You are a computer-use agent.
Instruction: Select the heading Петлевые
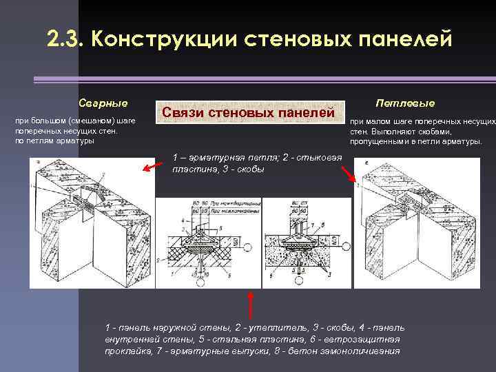pos(405,103)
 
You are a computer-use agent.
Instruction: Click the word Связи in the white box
pos(187,113)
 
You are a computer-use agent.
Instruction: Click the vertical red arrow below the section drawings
pos(251,304)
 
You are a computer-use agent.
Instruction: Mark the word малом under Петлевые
pos(380,121)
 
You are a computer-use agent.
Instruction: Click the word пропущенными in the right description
pos(384,142)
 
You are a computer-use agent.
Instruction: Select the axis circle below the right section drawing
pos(298,279)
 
